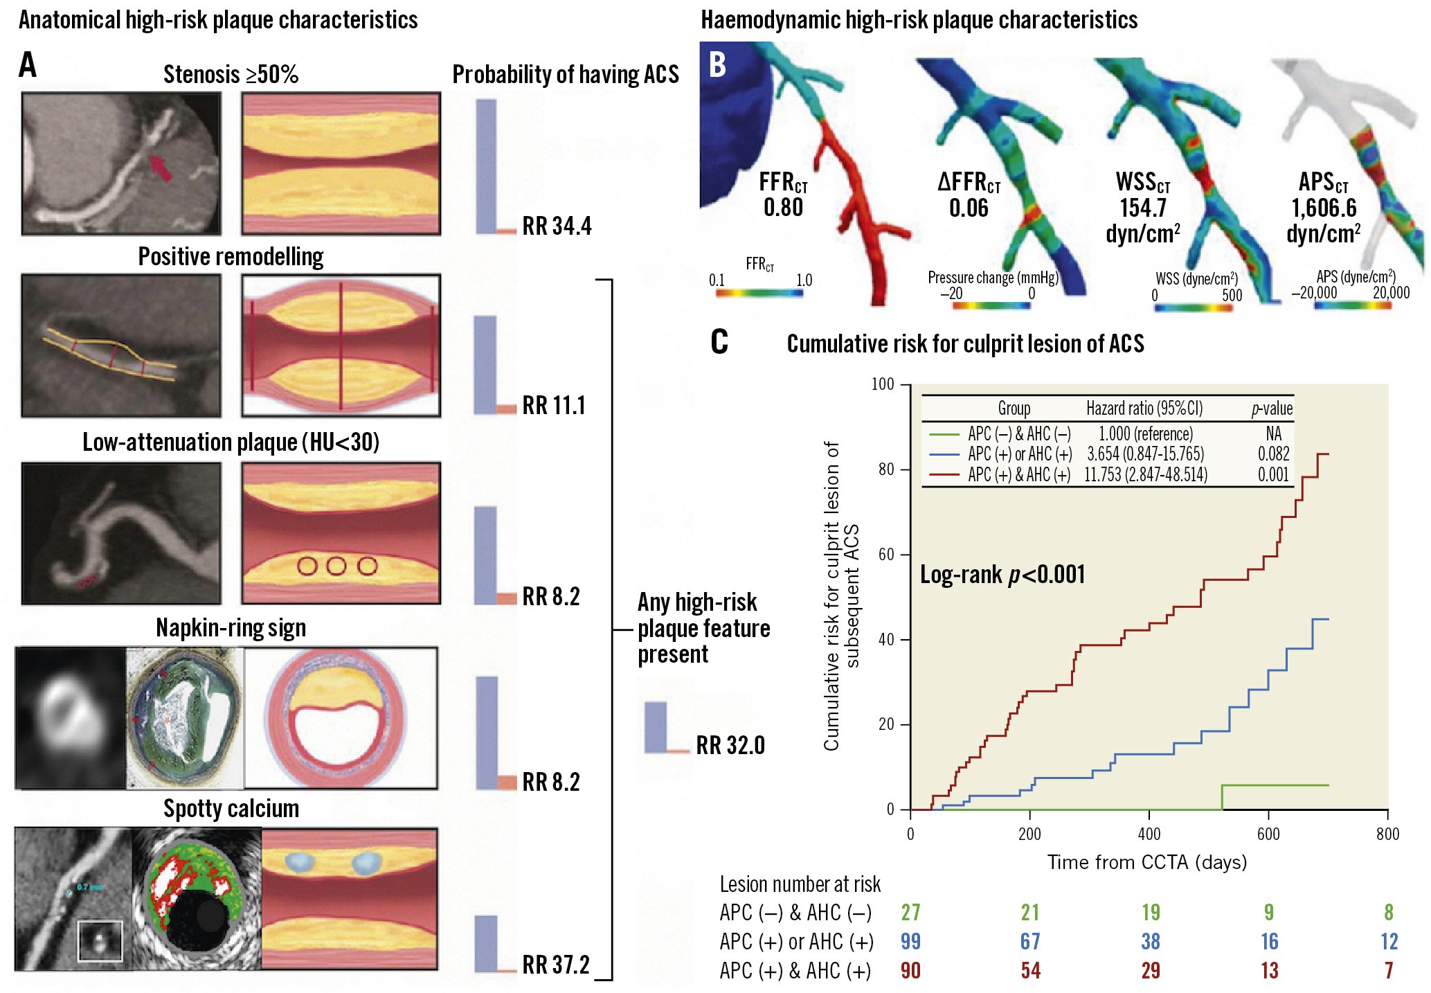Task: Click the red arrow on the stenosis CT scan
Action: tap(161, 168)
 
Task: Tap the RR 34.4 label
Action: tap(557, 226)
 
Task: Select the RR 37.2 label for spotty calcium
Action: tap(556, 965)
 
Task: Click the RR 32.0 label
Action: tap(730, 746)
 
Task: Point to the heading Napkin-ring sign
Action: tap(231, 628)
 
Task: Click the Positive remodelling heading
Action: tap(231, 257)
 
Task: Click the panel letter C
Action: tap(719, 342)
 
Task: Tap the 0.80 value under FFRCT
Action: tap(783, 207)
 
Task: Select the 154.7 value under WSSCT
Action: tap(1143, 208)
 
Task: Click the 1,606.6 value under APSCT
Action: tap(1324, 208)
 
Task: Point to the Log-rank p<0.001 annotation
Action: tap(1002, 575)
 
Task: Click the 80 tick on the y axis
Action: tap(886, 469)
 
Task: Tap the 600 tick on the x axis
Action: tap(1268, 834)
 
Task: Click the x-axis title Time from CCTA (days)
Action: tap(1147, 862)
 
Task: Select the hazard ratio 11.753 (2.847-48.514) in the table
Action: tap(1146, 475)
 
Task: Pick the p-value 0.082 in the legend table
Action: tap(1273, 454)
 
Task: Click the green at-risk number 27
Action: tap(910, 913)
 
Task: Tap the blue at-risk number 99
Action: tap(910, 942)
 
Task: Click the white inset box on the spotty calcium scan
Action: tap(100, 941)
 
